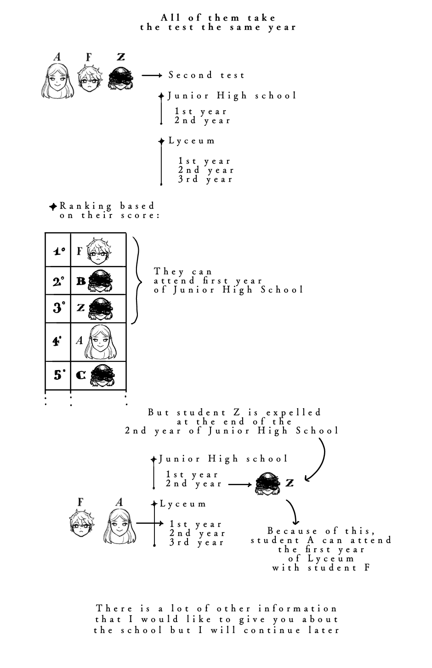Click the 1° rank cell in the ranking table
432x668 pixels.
coord(58,251)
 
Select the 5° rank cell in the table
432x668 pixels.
coord(58,375)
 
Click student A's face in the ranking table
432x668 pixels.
coord(100,342)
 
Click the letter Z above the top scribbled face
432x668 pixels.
coord(121,57)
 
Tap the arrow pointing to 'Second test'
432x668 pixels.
coord(152,75)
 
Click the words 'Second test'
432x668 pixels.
coord(206,75)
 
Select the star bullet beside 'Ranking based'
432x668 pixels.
coord(53,207)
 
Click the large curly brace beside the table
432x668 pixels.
coord(136,280)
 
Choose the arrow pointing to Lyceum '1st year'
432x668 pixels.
coord(150,523)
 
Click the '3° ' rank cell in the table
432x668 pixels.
coord(58,308)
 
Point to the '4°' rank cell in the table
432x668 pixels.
coord(57,342)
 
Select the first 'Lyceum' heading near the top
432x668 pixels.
coord(192,141)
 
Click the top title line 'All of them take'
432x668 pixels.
coord(218,18)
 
